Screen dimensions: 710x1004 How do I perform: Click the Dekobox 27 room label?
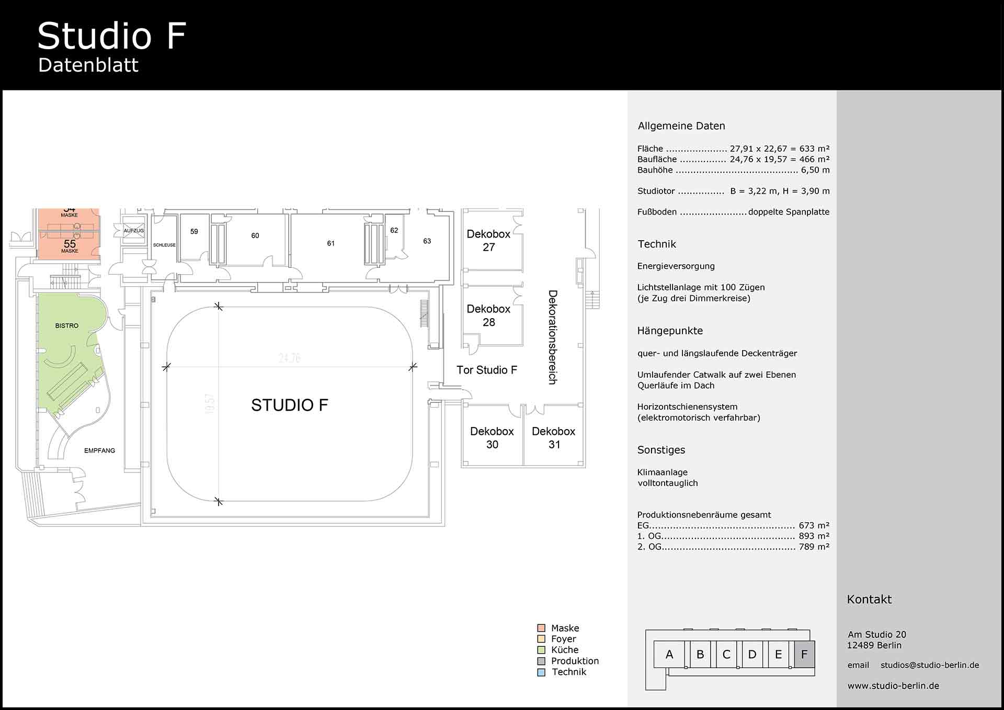click(x=488, y=241)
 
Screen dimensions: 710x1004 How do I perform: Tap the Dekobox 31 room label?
click(x=553, y=438)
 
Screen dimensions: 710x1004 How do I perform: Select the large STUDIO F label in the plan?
click(x=289, y=405)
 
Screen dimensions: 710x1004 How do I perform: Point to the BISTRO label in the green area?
click(x=67, y=325)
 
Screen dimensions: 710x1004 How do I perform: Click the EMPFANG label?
click(x=99, y=450)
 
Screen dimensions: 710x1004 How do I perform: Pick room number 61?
click(x=330, y=243)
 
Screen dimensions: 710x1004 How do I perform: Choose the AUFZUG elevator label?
click(x=133, y=231)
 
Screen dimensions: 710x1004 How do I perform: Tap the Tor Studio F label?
click(x=486, y=370)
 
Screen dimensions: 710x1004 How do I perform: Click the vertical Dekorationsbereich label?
click(x=553, y=337)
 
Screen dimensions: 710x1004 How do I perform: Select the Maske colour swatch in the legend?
click(x=541, y=628)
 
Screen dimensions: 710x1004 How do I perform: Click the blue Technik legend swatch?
click(x=541, y=672)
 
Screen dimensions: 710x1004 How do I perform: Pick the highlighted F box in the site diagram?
click(x=804, y=655)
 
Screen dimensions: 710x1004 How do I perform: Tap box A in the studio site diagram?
click(x=669, y=655)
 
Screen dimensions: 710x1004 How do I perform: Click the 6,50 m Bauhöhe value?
click(x=815, y=170)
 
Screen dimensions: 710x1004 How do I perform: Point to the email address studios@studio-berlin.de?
click(x=929, y=665)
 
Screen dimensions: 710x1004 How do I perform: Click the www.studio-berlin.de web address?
click(x=893, y=685)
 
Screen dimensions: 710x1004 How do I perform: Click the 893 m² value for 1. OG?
click(x=814, y=536)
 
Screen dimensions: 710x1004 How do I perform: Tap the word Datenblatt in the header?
click(x=88, y=65)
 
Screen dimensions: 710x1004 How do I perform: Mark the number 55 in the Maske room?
click(x=70, y=244)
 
